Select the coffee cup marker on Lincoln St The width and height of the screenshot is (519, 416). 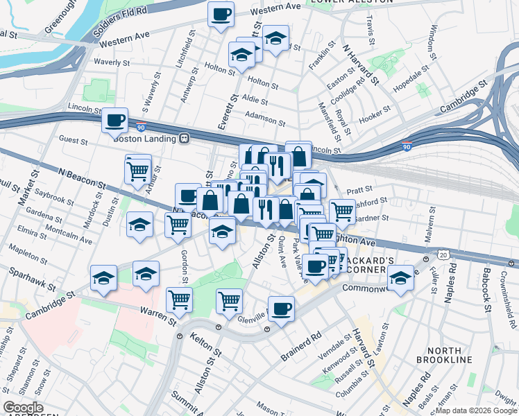(115, 121)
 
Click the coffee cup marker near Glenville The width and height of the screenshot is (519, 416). (281, 309)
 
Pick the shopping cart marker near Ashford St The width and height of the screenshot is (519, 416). (342, 211)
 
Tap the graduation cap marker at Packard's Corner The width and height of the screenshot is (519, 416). (400, 279)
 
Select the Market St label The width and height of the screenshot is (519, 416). (27, 187)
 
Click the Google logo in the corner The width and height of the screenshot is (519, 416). (24, 407)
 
